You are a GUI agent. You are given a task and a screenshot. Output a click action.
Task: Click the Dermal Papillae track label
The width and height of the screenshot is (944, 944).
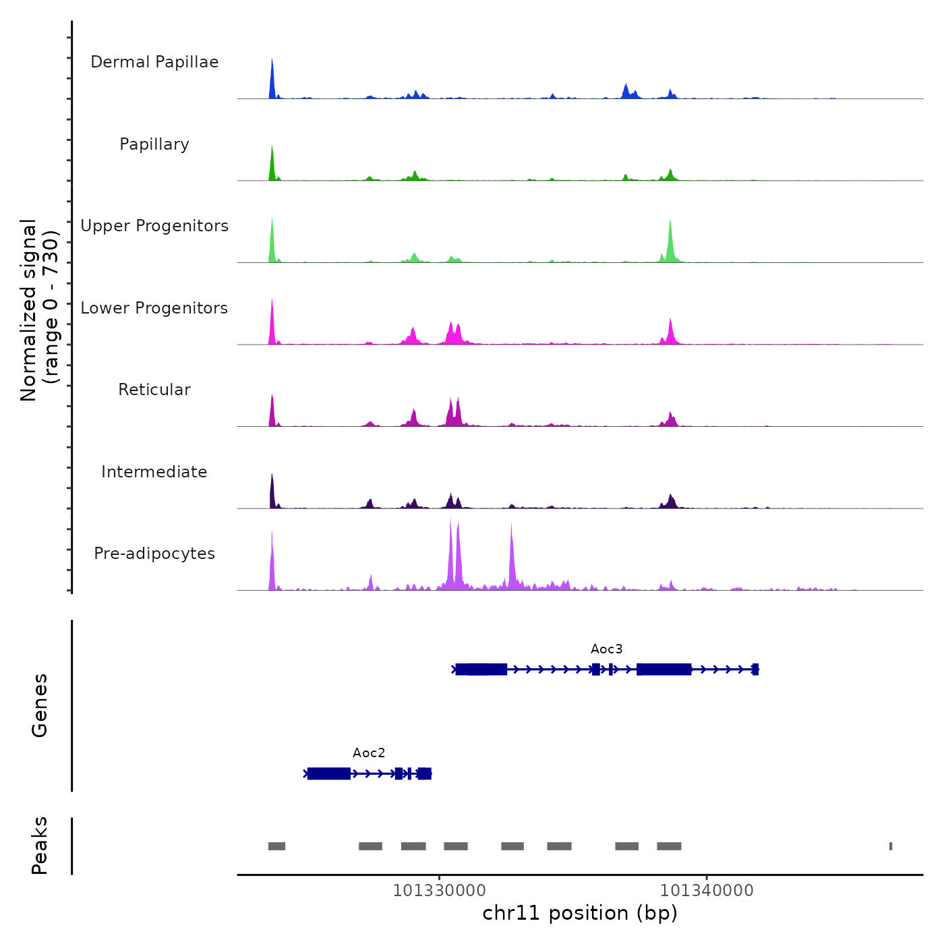[x=154, y=62]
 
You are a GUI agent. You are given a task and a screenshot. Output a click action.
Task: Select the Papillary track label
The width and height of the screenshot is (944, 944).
[x=154, y=144]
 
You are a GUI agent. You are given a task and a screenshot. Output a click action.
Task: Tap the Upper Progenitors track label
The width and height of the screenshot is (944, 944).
[x=154, y=226]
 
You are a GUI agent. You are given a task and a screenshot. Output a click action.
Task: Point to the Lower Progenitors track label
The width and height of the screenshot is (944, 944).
[x=154, y=308]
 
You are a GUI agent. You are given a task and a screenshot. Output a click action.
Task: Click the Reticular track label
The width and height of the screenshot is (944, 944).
[x=154, y=390]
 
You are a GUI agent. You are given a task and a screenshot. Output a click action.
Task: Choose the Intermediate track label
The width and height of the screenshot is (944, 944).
[x=154, y=472]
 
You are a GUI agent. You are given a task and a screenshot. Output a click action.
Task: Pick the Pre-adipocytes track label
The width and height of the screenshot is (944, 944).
[x=154, y=554]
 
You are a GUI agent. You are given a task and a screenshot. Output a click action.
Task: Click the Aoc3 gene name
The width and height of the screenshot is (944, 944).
[x=606, y=649]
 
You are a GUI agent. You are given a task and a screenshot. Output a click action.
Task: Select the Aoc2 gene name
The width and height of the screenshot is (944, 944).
[x=369, y=753]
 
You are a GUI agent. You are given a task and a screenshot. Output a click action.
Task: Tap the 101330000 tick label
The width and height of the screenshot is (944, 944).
[x=439, y=891]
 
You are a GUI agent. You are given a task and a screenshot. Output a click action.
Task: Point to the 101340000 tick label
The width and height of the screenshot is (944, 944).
[x=707, y=891]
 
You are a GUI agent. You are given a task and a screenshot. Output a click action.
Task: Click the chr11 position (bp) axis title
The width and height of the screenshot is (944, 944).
[x=580, y=914]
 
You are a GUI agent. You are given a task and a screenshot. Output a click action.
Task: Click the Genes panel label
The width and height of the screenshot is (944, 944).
[x=40, y=705]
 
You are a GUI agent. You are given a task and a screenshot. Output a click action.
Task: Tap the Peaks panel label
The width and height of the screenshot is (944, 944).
[x=40, y=846]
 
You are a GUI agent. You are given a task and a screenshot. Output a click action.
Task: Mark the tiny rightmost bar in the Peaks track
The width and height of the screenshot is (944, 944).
[x=891, y=846]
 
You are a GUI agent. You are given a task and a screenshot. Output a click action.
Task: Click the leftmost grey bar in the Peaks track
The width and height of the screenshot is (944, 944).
[x=276, y=846]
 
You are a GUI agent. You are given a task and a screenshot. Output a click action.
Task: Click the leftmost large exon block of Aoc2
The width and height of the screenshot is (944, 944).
[x=329, y=773]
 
